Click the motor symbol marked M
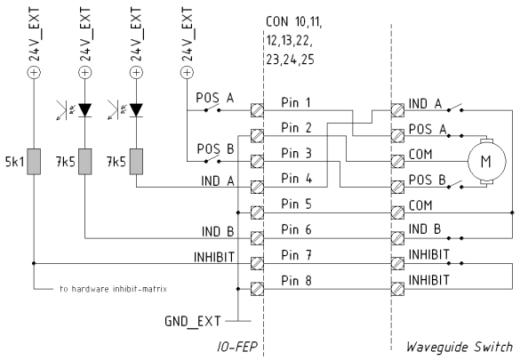pyautogui.click(x=485, y=160)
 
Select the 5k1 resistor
pyautogui.click(x=33, y=163)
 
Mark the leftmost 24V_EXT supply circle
pyautogui.click(x=33, y=73)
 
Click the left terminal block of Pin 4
pyautogui.click(x=258, y=187)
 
